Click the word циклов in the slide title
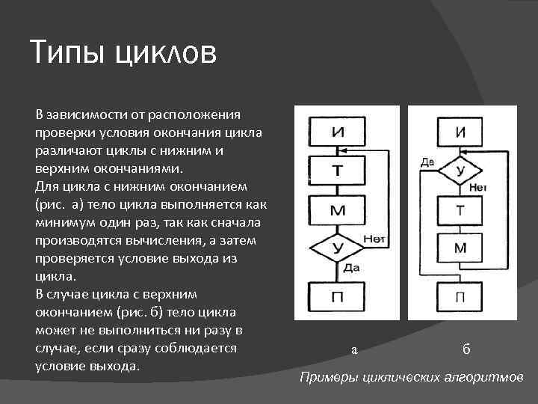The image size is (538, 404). (x=165, y=55)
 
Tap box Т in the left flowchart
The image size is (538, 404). (x=338, y=171)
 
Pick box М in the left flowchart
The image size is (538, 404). (x=338, y=210)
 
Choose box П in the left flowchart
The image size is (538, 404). (x=338, y=297)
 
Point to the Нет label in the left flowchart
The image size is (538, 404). (x=374, y=238)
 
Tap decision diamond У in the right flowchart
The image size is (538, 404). (x=460, y=171)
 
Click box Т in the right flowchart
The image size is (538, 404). (x=461, y=211)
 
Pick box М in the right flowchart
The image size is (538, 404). (x=461, y=247)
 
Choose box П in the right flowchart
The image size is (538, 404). (x=461, y=297)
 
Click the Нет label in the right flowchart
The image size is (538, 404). (x=478, y=187)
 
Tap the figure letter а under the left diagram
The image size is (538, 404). (x=355, y=349)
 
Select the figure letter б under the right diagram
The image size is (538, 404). (x=466, y=348)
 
